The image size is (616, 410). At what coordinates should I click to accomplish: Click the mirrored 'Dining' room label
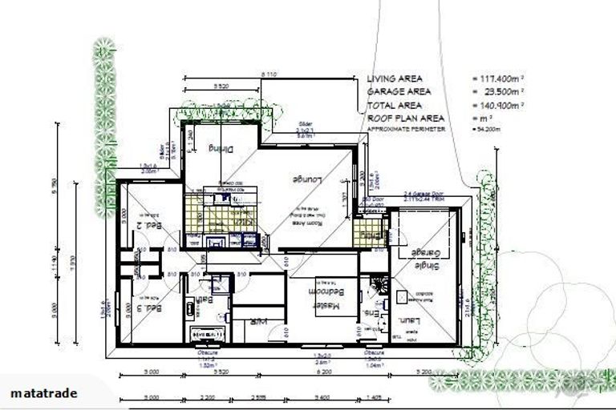219,148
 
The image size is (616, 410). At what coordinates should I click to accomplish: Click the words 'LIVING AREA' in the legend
395,79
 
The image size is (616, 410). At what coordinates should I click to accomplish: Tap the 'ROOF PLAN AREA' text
404,118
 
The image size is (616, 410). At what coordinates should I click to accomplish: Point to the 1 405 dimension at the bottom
373,397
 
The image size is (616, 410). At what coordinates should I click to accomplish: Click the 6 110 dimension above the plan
269,74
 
